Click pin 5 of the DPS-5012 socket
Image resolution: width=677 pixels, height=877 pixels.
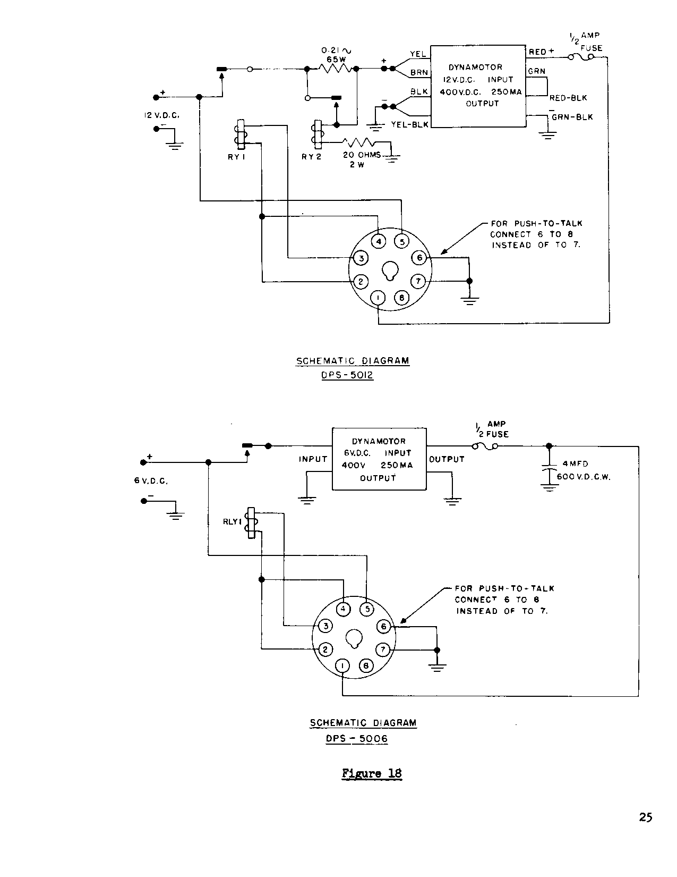click(402, 242)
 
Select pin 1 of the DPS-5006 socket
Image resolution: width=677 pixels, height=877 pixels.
click(344, 666)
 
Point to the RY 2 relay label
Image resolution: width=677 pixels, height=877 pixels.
click(312, 157)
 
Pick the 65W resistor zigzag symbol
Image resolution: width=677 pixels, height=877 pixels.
click(334, 69)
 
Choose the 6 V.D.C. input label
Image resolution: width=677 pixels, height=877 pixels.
click(151, 480)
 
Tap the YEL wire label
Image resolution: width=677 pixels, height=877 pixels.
click(418, 54)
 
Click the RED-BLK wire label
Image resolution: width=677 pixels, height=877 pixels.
click(568, 98)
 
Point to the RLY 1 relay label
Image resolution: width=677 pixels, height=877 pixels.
click(233, 522)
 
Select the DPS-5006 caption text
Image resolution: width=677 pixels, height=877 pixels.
click(357, 738)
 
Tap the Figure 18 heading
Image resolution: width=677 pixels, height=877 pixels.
click(372, 773)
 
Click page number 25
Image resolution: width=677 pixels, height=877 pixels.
click(645, 817)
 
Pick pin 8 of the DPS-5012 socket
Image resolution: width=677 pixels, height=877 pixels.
click(401, 298)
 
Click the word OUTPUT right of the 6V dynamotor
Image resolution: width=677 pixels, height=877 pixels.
click(447, 459)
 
